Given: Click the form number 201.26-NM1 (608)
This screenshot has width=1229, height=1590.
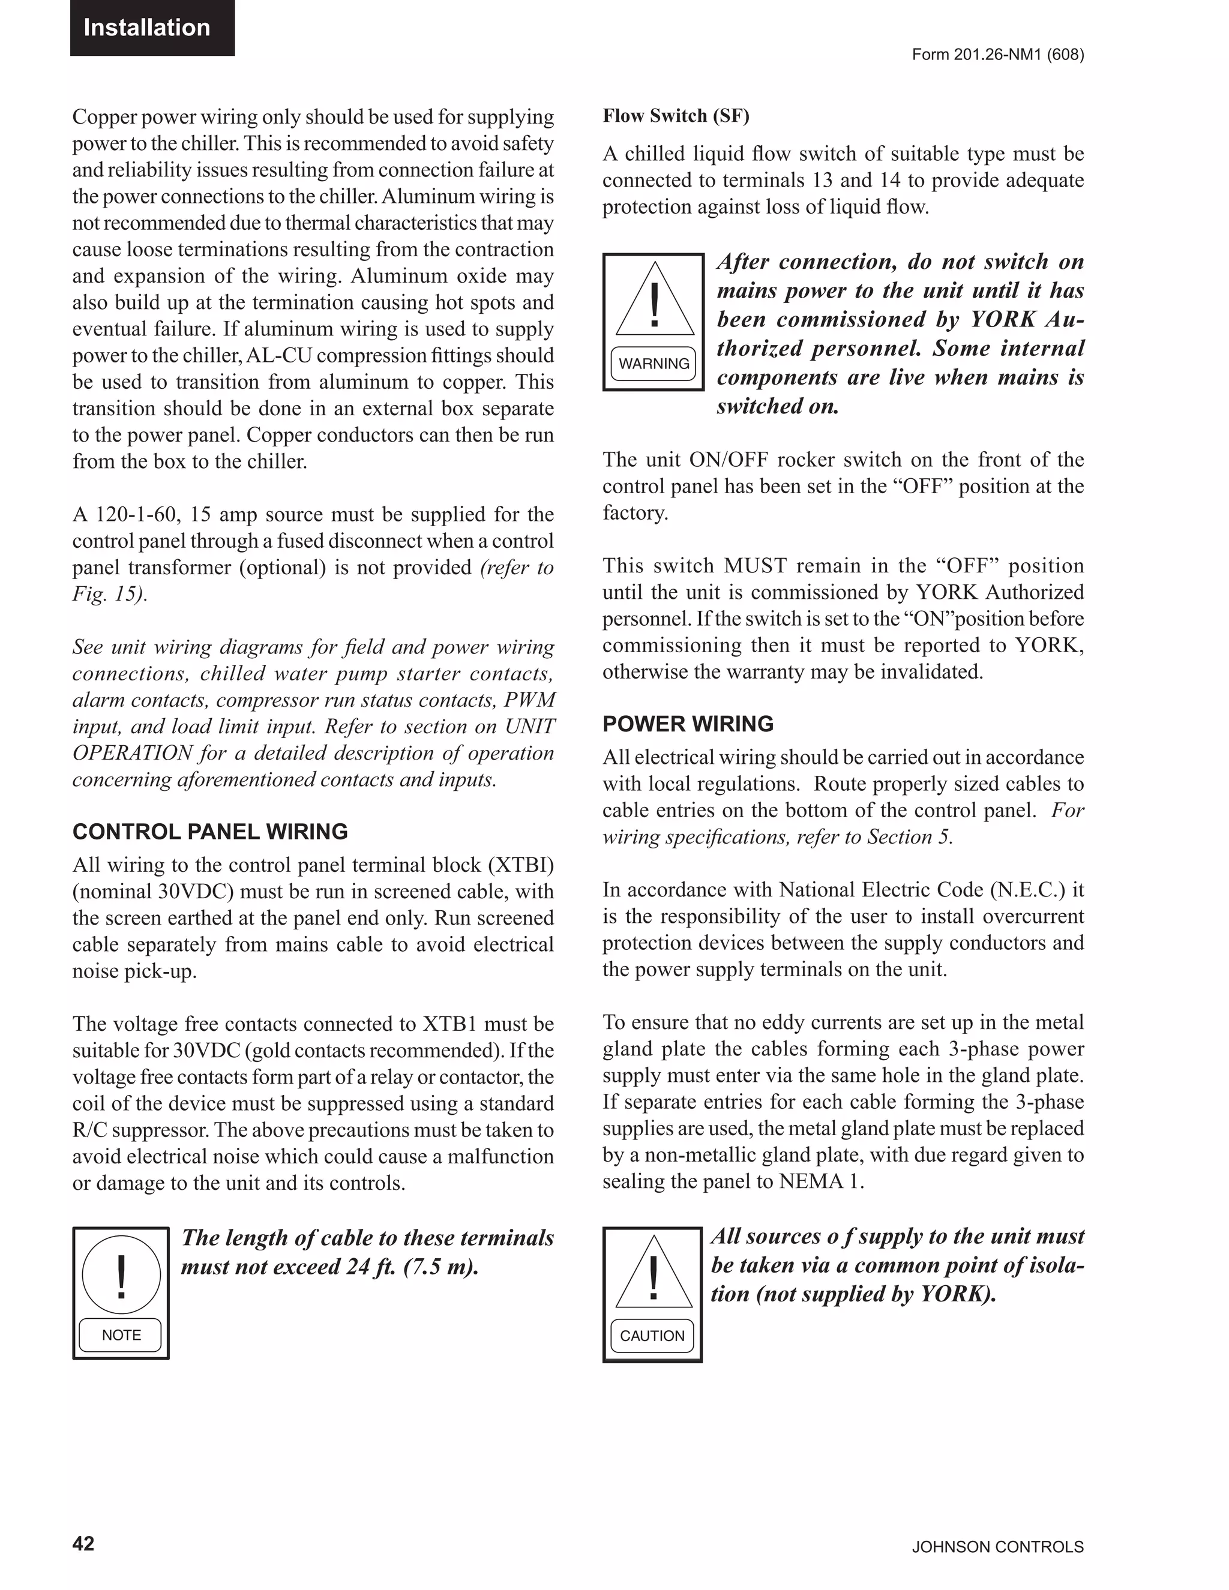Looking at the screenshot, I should (997, 55).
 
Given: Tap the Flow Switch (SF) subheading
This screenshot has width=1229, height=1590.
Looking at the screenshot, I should (675, 116).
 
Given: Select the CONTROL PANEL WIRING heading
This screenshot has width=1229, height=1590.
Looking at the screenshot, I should (209, 832).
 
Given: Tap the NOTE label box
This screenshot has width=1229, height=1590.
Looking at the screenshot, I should (121, 1334).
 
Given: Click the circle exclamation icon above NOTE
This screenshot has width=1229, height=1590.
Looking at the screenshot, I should (121, 1275).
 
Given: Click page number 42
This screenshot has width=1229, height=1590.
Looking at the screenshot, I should (83, 1543).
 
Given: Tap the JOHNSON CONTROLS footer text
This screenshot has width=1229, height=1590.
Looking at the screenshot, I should (997, 1547).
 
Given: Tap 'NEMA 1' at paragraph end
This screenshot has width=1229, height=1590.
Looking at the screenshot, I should (820, 1181).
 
